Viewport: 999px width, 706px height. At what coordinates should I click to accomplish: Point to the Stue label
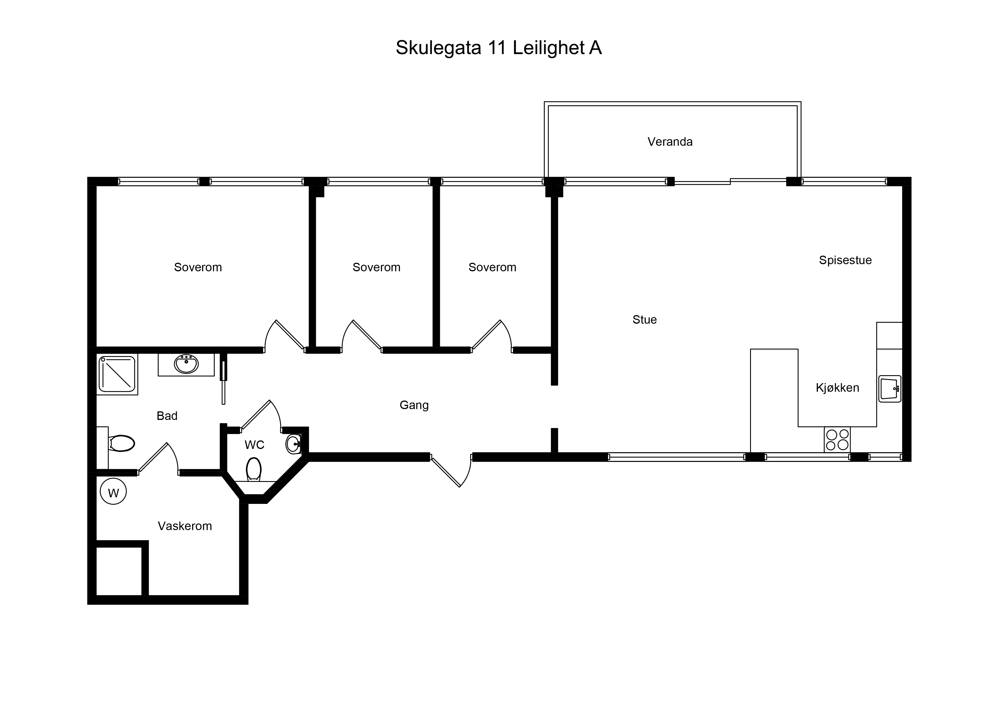(x=644, y=320)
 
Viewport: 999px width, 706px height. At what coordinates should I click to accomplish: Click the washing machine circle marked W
(x=113, y=492)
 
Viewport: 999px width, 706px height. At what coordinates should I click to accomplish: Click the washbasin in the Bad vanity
(x=186, y=364)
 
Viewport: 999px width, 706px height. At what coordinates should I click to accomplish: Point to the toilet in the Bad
(x=121, y=443)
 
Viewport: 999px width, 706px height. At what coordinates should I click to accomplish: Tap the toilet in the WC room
(x=254, y=469)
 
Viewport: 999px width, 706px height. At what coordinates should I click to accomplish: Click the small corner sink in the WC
(x=294, y=444)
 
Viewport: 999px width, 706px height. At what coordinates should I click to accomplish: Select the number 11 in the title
(x=497, y=48)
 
